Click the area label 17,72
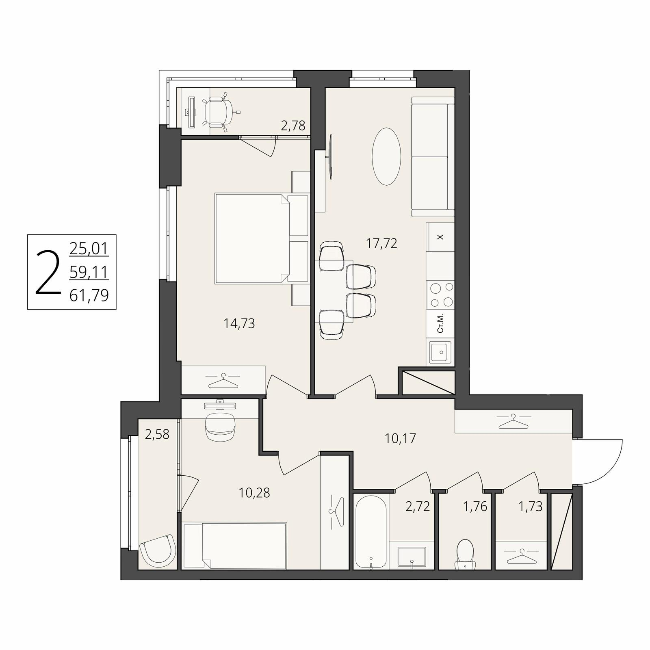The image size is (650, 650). tap(381, 243)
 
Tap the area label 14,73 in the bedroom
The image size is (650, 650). tap(239, 323)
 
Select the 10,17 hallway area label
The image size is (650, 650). tap(401, 438)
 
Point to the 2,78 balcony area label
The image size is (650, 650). tap(293, 126)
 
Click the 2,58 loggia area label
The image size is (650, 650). tap(157, 434)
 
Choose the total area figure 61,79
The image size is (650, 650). tap(89, 295)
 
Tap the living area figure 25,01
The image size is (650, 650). tap(89, 248)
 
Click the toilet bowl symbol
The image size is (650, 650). tap(465, 555)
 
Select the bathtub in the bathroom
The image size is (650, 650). tap(371, 531)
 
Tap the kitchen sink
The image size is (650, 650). tap(440, 353)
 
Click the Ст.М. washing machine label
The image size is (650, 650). tap(440, 324)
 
